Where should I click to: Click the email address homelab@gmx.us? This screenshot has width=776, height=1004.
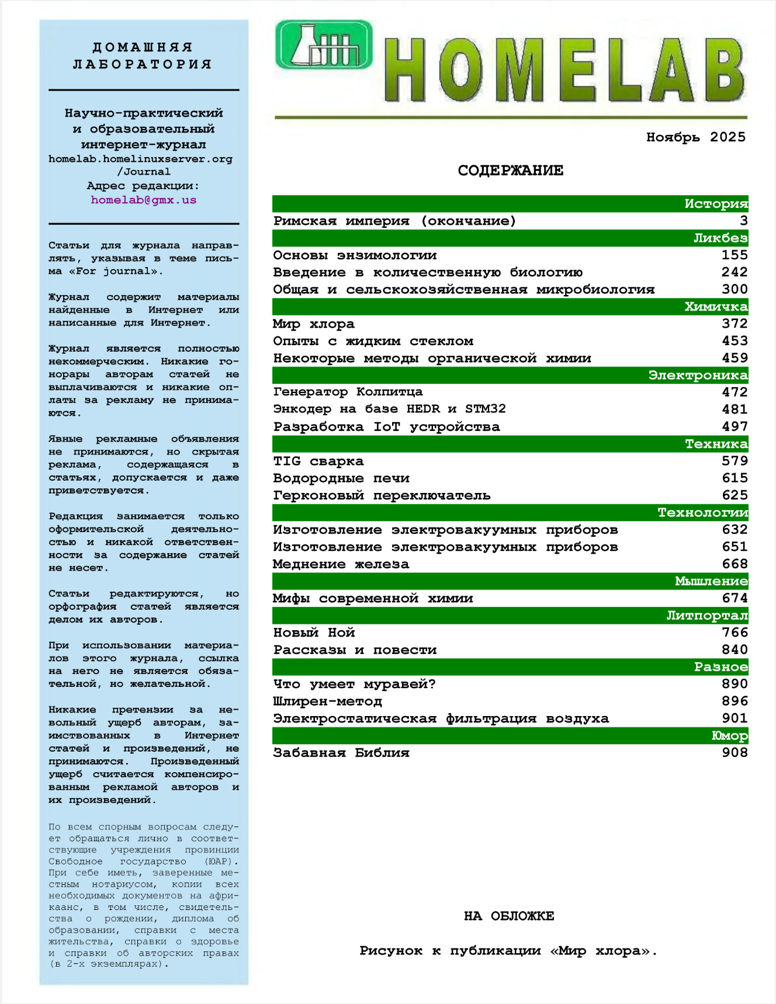(x=143, y=200)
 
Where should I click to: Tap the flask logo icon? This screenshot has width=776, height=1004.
(x=324, y=44)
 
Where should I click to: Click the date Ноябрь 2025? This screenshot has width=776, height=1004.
(x=695, y=137)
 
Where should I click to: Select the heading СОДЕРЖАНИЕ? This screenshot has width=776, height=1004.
(x=510, y=171)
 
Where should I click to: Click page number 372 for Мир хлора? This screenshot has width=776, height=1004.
(x=735, y=324)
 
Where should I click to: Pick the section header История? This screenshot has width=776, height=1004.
(x=715, y=204)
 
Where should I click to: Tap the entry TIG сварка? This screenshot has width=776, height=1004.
(x=318, y=461)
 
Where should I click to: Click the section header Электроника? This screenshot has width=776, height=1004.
(x=698, y=375)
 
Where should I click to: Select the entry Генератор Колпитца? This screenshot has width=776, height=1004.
(x=348, y=392)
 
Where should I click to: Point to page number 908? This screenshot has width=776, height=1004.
(x=735, y=752)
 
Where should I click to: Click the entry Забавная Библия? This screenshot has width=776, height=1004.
(x=341, y=753)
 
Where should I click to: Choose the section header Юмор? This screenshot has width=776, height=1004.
(x=729, y=736)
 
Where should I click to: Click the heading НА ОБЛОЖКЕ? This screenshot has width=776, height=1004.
(x=509, y=916)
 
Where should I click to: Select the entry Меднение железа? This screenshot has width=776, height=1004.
(x=341, y=564)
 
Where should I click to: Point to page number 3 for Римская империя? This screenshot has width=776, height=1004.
(x=743, y=221)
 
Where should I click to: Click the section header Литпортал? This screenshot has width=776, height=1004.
(x=707, y=616)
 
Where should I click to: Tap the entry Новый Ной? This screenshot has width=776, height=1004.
(x=314, y=633)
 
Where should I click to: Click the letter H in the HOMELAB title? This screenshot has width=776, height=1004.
(x=404, y=70)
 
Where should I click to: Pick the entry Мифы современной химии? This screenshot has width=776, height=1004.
(x=373, y=598)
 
